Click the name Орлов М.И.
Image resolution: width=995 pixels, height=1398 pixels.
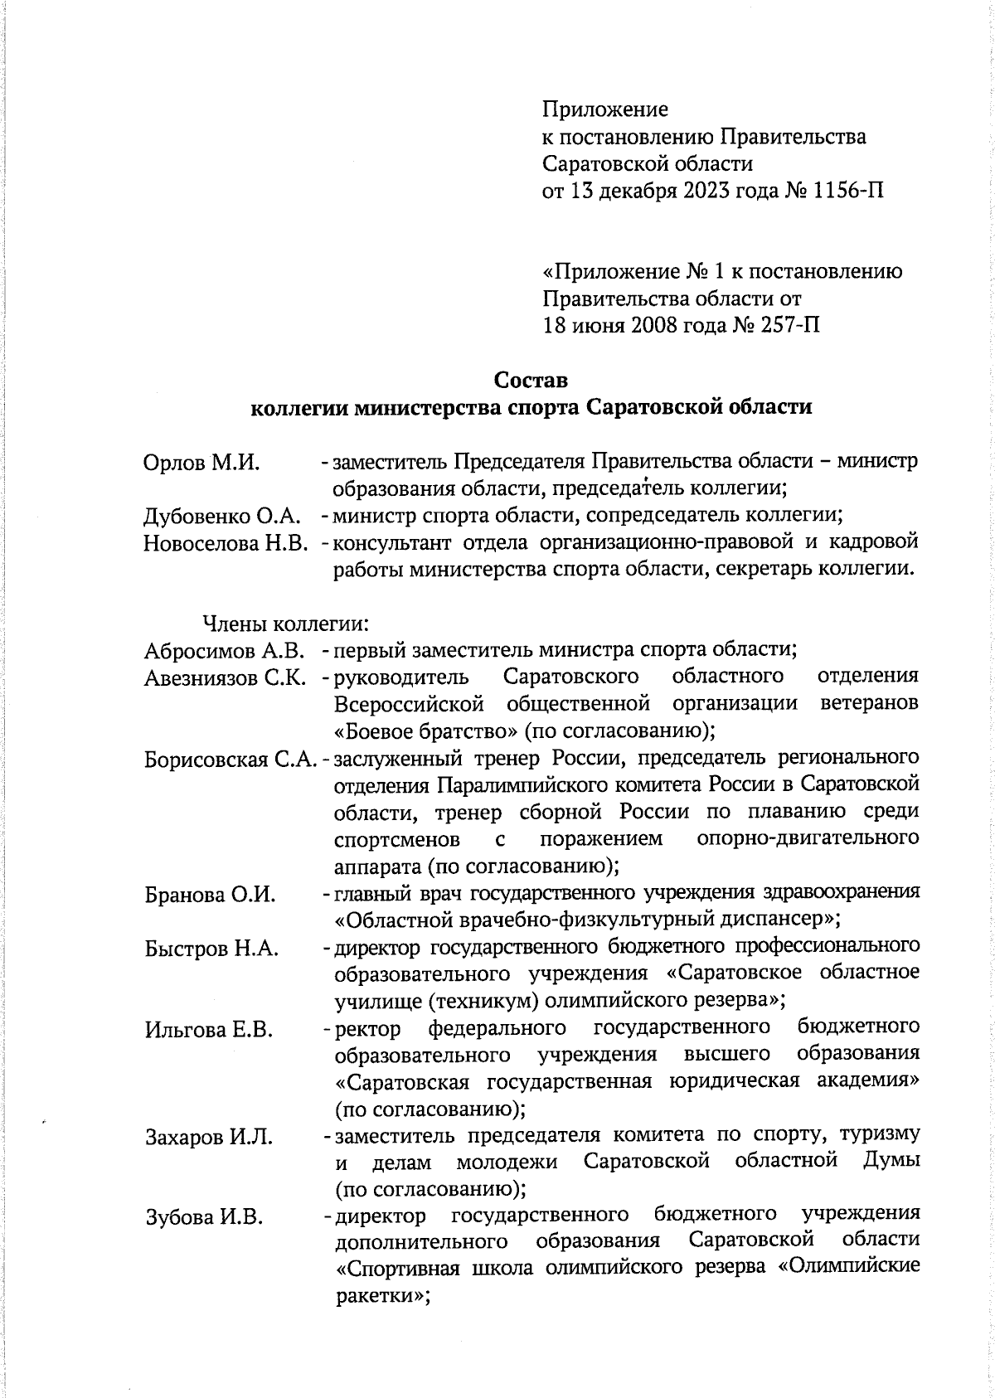coord(202,463)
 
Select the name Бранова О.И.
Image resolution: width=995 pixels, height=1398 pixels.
coord(209,896)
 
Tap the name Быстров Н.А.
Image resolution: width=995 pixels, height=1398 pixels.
coord(211,949)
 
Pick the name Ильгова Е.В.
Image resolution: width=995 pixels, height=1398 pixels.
coord(209,1031)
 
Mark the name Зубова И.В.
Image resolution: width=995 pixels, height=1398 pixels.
coord(204,1218)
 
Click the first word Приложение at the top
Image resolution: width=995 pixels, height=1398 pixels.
coord(605,109)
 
